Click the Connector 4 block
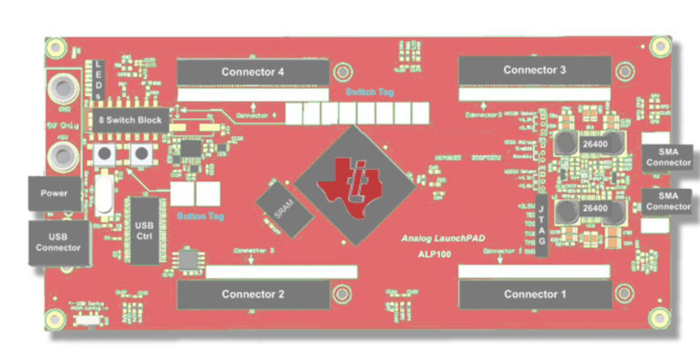(253, 72)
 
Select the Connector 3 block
(535, 70)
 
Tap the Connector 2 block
(253, 294)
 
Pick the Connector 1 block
(535, 294)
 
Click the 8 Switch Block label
(130, 120)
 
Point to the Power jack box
(54, 193)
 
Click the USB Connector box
(58, 243)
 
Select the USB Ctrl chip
(145, 231)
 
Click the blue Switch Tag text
(370, 92)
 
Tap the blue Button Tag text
(201, 216)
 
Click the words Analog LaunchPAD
(443, 239)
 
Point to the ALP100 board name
(435, 254)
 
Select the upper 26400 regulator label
(594, 144)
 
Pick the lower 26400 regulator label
(594, 208)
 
